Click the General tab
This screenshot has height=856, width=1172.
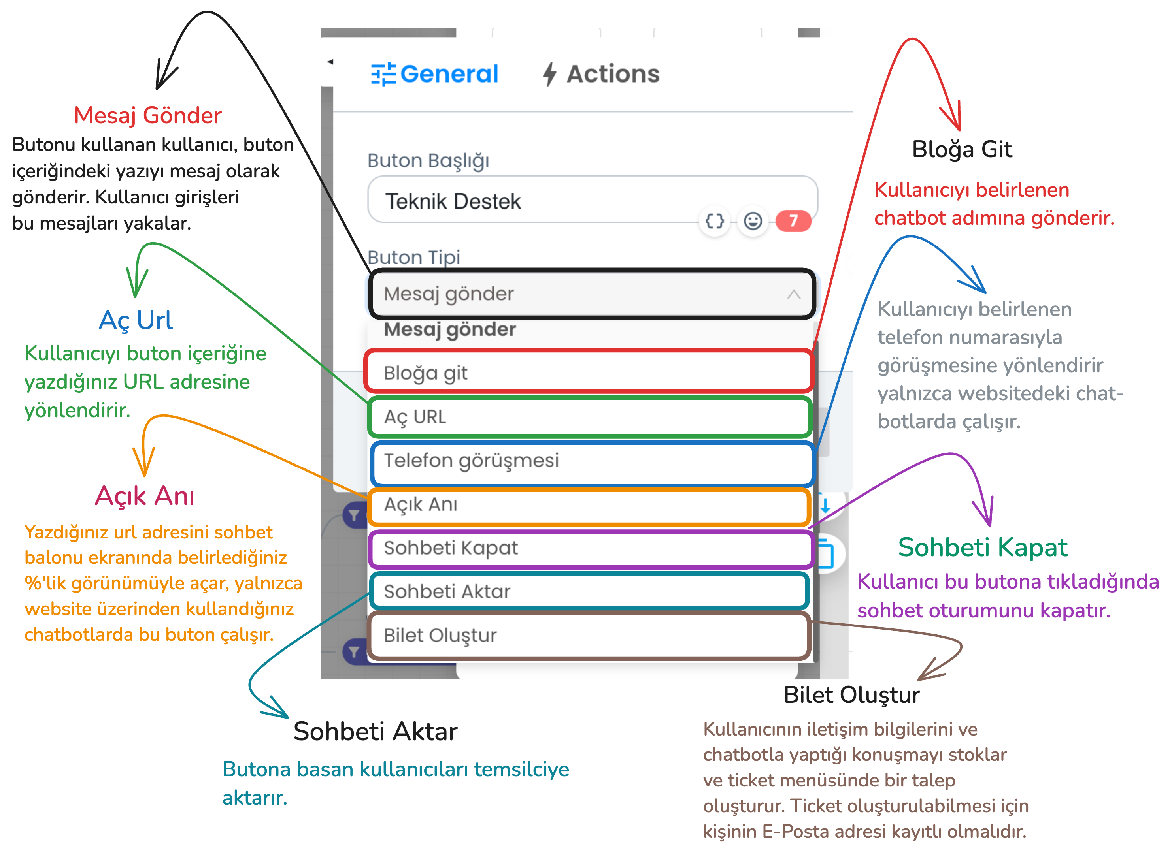click(x=434, y=73)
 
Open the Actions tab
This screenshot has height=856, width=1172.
click(x=601, y=73)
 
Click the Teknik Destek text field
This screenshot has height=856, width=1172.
click(x=592, y=199)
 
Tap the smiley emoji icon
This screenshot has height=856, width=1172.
click(x=753, y=221)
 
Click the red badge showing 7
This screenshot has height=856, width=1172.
click(x=793, y=221)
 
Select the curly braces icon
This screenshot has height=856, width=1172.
click(x=714, y=221)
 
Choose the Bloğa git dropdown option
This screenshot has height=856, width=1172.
click(x=588, y=372)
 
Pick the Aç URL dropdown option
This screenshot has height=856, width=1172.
click(x=589, y=417)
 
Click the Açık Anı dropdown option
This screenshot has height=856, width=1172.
click(x=589, y=505)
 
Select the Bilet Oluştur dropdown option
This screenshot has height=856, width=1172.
click(x=589, y=635)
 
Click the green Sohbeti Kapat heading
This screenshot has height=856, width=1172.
click(x=983, y=547)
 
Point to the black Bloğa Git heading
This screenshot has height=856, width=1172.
click(x=962, y=150)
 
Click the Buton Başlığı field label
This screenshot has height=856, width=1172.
click(x=428, y=161)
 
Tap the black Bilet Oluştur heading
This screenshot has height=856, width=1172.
click(x=852, y=695)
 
